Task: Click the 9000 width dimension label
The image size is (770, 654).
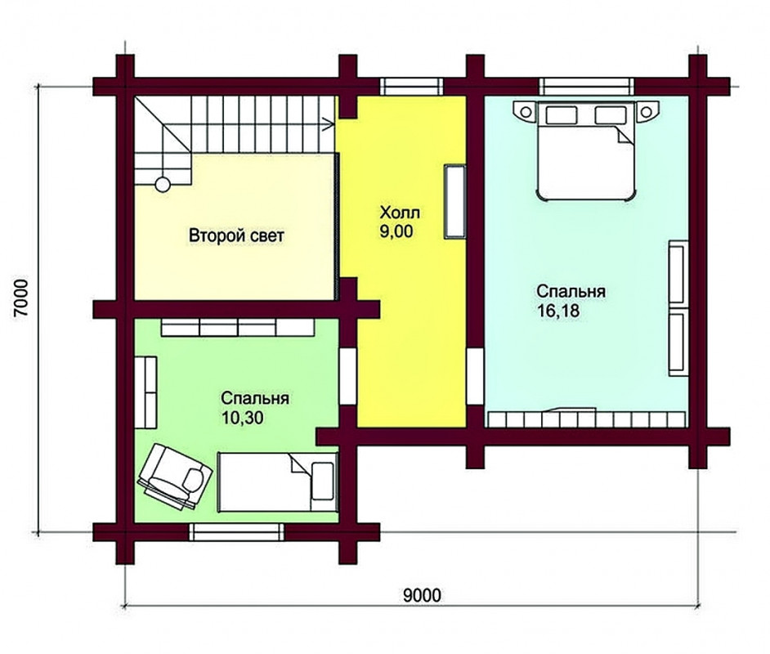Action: coord(422,596)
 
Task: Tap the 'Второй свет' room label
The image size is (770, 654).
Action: coord(236,235)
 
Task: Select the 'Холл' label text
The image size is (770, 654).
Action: coord(400,213)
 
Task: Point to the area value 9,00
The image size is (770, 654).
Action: coord(396,231)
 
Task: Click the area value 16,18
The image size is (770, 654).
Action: coord(558,311)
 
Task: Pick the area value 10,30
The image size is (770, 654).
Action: coord(242,418)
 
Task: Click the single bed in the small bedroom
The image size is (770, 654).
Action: coord(277,482)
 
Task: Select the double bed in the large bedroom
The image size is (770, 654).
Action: coord(585,150)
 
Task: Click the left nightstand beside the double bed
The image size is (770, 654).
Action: coord(525,111)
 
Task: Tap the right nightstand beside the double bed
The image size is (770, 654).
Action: coord(647,111)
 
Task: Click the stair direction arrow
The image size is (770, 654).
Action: coord(328,125)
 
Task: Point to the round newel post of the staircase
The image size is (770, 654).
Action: coord(163,185)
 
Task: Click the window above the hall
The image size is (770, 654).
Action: coord(411,87)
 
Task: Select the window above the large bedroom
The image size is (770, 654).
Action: coord(586,87)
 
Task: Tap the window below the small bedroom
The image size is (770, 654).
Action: coord(237,532)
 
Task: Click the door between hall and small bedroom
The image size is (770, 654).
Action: coord(348,377)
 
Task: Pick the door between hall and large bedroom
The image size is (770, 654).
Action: coord(475,377)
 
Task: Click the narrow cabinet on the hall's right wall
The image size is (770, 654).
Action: coord(455,201)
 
